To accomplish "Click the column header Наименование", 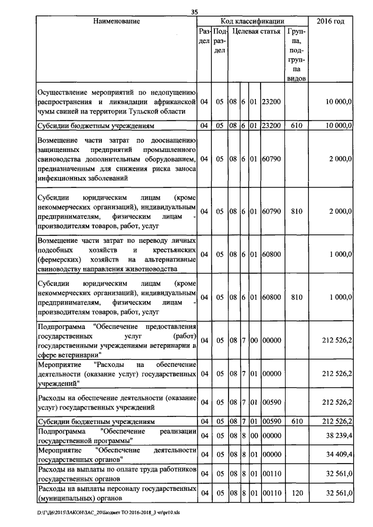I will pos(116,22).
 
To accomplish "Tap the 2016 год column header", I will pos(330,22).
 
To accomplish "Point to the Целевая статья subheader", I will pos(255,31).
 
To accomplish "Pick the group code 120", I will pos(297,493).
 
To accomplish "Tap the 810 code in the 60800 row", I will pos(297,297).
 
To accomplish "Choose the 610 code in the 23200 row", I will pos(297,125).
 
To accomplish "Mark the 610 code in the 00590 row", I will pos(297,420).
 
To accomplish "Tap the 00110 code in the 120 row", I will pos(272,493).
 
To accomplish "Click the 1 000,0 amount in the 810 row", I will pos(339,297).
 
